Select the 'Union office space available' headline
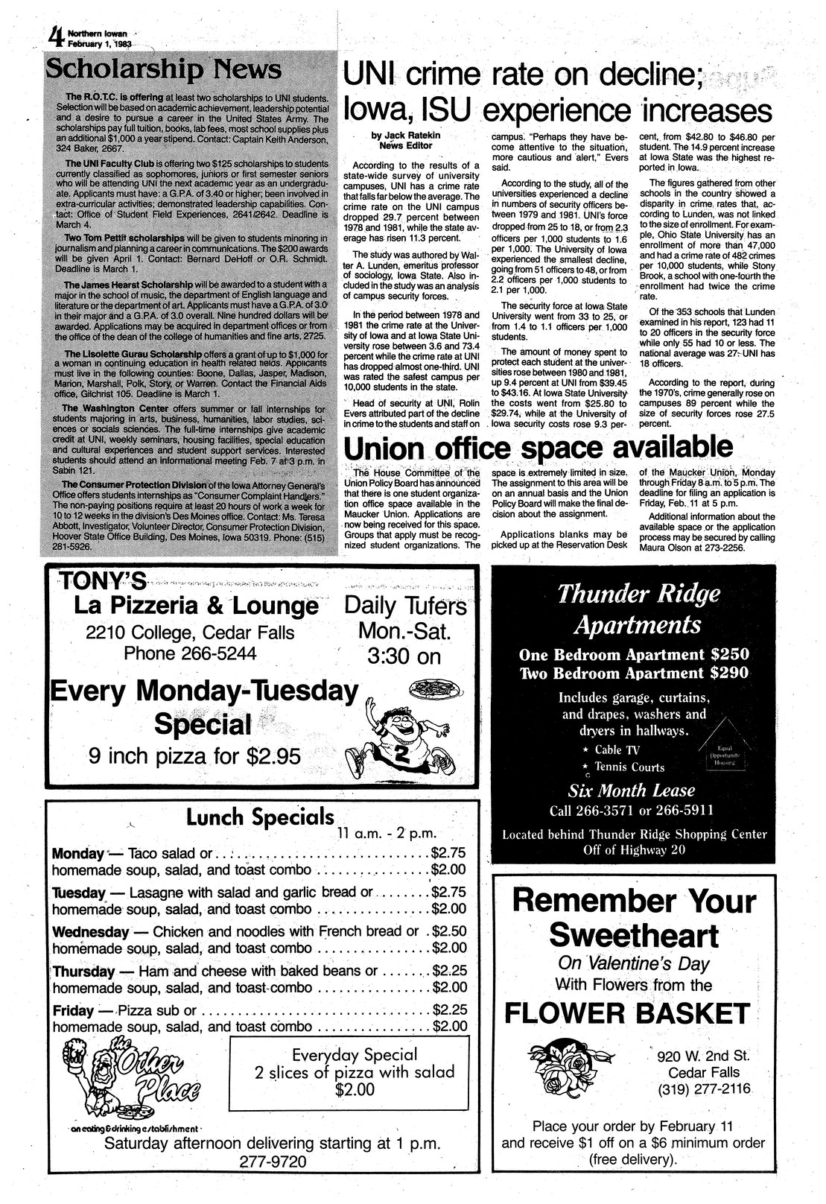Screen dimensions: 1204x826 click(x=536, y=449)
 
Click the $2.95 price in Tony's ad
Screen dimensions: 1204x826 click(x=274, y=756)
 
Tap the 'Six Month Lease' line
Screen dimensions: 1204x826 click(x=631, y=790)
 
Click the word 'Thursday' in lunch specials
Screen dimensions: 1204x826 click(x=84, y=972)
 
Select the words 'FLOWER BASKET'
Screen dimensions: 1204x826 click(x=627, y=1014)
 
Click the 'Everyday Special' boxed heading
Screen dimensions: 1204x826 click(x=354, y=1054)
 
